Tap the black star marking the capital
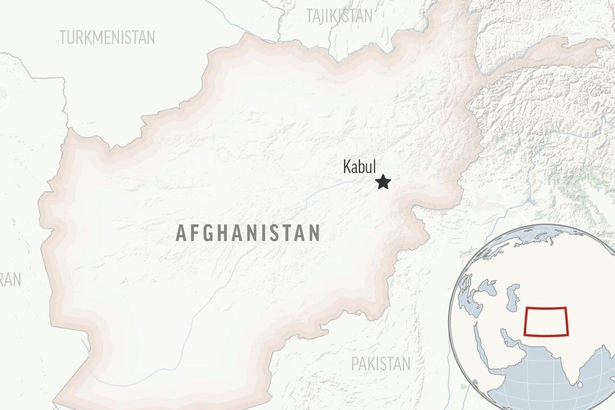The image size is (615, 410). point(383,182)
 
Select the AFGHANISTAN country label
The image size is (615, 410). point(248,233)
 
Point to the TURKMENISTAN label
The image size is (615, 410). point(107,38)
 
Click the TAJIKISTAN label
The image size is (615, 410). point(339,15)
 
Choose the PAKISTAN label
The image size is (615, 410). point(380,363)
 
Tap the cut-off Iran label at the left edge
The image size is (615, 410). point(10,279)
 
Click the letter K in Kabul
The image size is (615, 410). point(346,167)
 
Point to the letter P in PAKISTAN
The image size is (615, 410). point(354,363)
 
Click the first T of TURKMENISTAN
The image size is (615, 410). point(63,38)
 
